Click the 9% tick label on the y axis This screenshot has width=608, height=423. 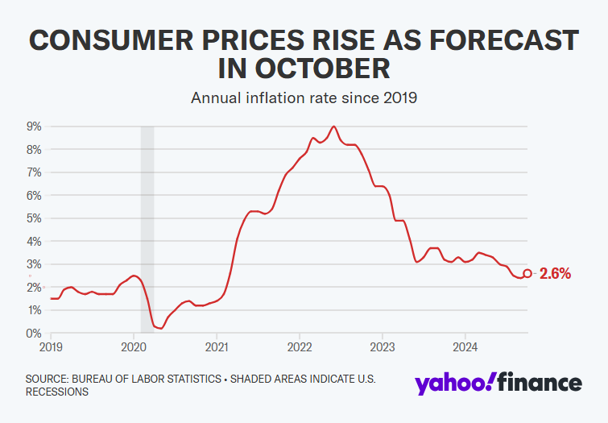(x=35, y=126)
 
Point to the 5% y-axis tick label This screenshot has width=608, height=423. (x=35, y=218)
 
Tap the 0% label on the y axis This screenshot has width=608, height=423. (x=35, y=334)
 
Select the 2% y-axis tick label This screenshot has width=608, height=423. (x=35, y=288)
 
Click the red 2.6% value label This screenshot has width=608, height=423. (x=555, y=274)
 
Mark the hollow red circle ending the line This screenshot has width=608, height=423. (x=527, y=274)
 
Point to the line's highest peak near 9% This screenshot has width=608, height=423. (x=334, y=126)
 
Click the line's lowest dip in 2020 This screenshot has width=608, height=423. (x=161, y=328)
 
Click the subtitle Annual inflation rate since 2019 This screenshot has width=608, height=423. (x=304, y=98)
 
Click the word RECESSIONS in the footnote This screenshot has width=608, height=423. (x=56, y=392)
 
